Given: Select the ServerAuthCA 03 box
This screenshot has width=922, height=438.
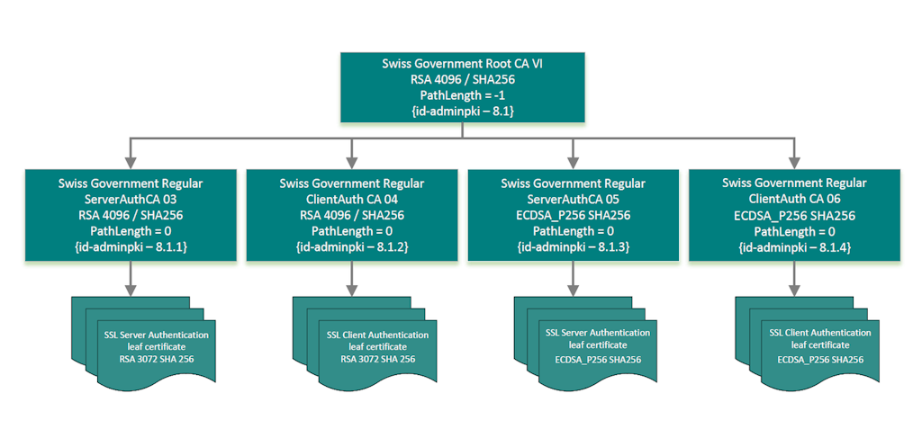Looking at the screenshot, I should (131, 215).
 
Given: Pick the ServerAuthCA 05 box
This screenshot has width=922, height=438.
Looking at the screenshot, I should (574, 215).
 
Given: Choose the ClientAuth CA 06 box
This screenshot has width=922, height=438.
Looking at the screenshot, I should (795, 215).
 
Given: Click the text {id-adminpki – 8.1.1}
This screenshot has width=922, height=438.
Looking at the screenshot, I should (131, 246).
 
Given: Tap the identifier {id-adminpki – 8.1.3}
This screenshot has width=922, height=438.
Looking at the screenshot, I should (574, 246).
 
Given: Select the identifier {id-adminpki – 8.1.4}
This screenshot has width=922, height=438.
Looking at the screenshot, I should (795, 246).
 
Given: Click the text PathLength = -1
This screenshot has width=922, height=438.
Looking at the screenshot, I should (463, 95).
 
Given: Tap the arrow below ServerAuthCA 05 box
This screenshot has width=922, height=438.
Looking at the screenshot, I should (574, 279).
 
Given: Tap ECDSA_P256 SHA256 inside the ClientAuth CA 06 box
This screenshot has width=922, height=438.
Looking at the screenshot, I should (795, 215).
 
